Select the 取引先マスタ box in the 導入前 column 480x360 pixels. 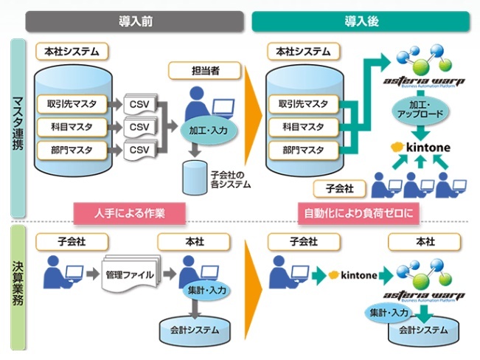[75, 103]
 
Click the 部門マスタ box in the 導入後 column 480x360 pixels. [305, 150]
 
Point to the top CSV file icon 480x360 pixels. [139, 103]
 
